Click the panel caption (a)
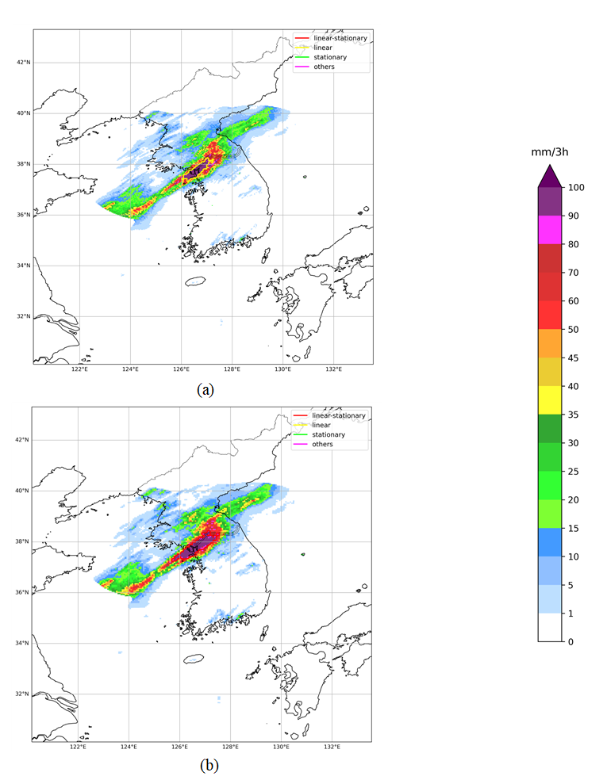coord(206,389)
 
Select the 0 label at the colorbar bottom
coord(570,641)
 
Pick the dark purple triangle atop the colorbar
coord(550,176)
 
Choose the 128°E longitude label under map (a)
coord(232,369)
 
